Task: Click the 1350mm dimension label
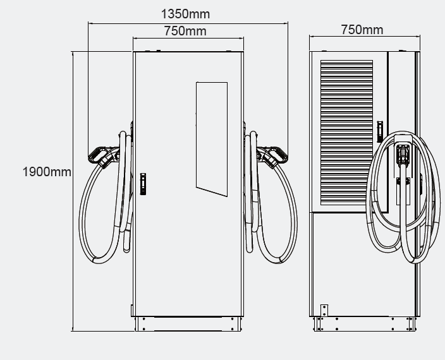[x=185, y=14]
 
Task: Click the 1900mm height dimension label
[x=47, y=172]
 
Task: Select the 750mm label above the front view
[x=185, y=31]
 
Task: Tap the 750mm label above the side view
[x=362, y=30]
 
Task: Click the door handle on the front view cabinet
[x=143, y=184]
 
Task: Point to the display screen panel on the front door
[x=212, y=139]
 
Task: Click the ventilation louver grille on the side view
[x=346, y=133]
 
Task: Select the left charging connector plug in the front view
[x=102, y=157]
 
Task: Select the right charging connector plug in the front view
[x=272, y=157]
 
